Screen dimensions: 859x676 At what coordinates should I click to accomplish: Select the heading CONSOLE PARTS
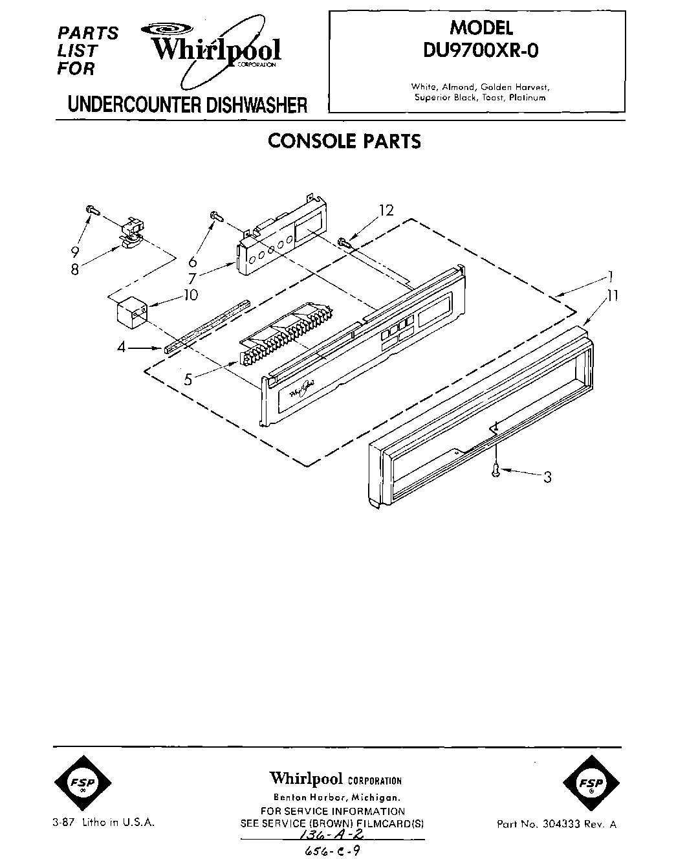344,140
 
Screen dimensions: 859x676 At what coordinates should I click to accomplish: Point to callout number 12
386,210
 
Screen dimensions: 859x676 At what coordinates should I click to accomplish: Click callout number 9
76,251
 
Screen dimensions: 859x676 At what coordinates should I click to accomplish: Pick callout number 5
188,380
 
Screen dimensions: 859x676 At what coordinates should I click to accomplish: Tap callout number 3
547,478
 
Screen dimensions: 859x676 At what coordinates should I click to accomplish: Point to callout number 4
121,348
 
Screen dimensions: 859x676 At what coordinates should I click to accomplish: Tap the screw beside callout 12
343,243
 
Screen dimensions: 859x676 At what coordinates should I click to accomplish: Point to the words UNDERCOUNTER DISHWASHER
188,105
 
